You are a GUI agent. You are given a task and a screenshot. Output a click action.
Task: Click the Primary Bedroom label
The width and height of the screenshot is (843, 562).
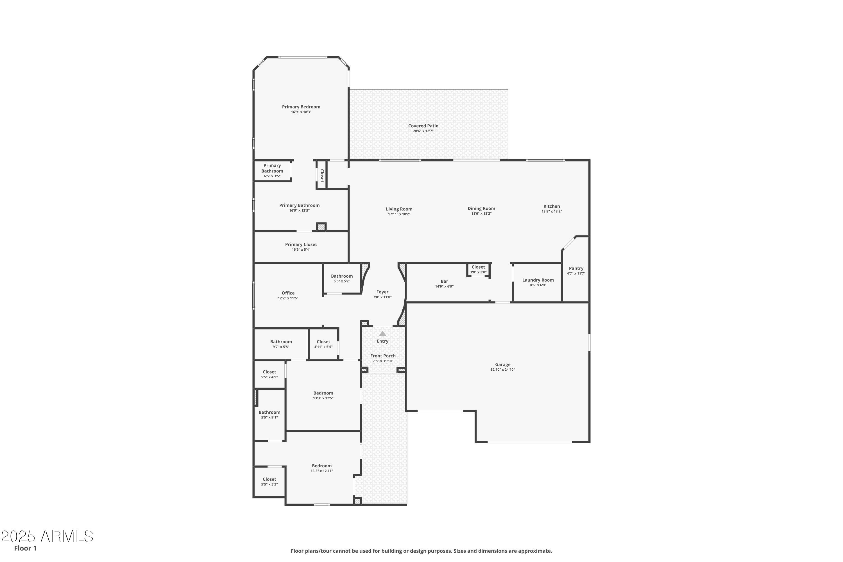click(301, 107)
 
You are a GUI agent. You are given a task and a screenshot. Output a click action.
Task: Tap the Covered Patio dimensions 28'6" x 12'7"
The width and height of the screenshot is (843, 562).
click(423, 131)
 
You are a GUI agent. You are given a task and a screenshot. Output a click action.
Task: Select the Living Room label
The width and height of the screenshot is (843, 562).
click(399, 209)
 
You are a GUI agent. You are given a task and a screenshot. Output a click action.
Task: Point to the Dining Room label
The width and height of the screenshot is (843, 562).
click(481, 208)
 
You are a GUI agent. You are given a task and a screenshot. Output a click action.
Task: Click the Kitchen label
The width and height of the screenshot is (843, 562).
click(552, 206)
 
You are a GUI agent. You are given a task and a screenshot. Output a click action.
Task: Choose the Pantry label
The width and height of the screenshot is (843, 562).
click(576, 268)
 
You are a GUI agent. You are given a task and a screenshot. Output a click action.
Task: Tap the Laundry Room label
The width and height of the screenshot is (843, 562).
click(538, 280)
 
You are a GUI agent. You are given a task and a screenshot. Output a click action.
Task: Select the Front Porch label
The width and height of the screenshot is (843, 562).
click(383, 356)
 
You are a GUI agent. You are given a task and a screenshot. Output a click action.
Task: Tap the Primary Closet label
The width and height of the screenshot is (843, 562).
click(301, 244)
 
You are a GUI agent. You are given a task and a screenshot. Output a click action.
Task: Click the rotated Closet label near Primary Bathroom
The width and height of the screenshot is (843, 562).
click(322, 176)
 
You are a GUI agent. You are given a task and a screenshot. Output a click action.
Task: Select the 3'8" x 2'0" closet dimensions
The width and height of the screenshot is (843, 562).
click(479, 272)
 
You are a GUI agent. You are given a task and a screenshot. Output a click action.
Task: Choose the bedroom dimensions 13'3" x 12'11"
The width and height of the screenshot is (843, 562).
click(322, 471)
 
